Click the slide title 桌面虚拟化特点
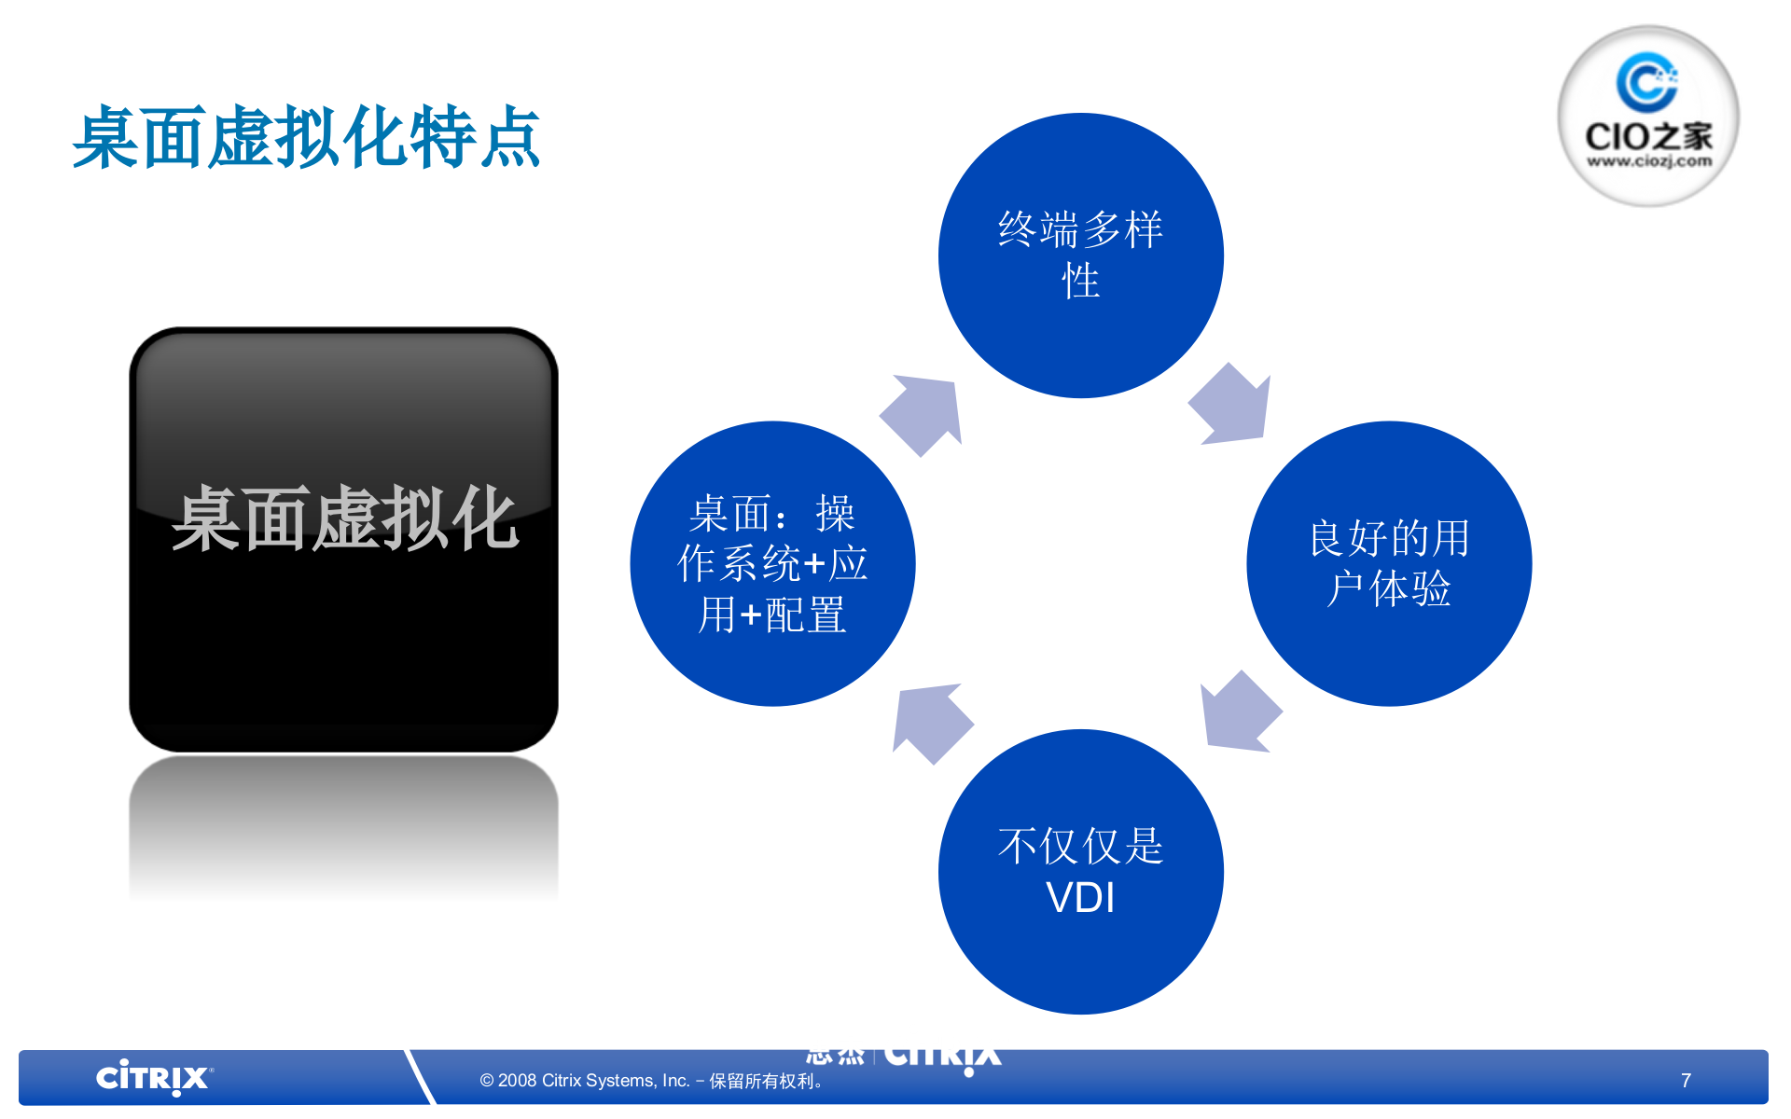pyautogui.click(x=306, y=138)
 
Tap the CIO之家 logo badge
pyautogui.click(x=1647, y=116)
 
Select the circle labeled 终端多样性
pyautogui.click(x=1080, y=255)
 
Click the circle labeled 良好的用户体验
pyautogui.click(x=1389, y=563)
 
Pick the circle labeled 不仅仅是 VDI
pyautogui.click(x=1080, y=871)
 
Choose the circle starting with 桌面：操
pyautogui.click(x=772, y=563)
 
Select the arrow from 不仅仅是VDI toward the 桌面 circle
pyautogui.click(x=930, y=723)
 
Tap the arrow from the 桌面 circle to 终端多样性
pyautogui.click(x=923, y=414)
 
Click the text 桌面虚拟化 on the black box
pyautogui.click(x=344, y=518)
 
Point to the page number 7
pyautogui.click(x=1686, y=1080)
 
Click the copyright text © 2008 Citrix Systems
pyautogui.click(x=584, y=1081)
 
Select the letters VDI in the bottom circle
pyautogui.click(x=1080, y=898)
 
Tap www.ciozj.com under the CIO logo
pyautogui.click(x=1648, y=161)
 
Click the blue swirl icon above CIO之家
pyautogui.click(x=1646, y=82)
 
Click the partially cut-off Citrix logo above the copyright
pyautogui.click(x=942, y=1057)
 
